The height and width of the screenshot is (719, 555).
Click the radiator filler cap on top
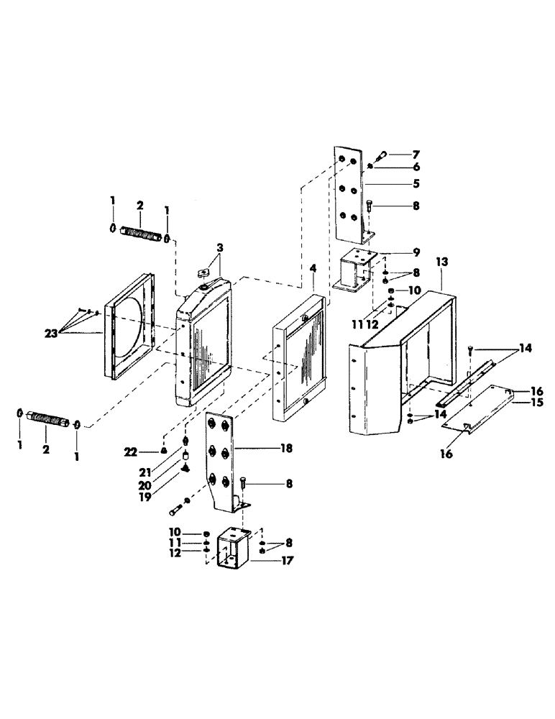203,273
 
